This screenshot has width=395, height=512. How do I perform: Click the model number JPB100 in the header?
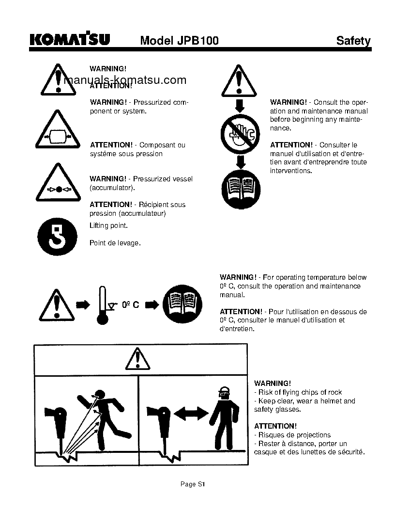tap(179, 41)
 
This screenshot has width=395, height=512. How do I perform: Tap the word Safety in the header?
tap(353, 41)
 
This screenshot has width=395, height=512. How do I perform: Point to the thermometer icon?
tap(102, 305)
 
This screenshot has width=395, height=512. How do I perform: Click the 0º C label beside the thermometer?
tap(130, 305)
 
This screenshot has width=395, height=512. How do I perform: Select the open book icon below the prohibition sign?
tap(241, 189)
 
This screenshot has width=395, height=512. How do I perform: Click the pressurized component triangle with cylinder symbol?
tap(57, 131)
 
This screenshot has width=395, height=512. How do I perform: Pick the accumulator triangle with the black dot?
tap(57, 185)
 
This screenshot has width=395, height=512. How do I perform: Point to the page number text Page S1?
tap(193, 484)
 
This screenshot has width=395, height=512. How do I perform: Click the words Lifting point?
tap(108, 226)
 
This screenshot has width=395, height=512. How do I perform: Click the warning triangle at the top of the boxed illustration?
tap(138, 360)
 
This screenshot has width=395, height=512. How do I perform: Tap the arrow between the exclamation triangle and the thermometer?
tap(83, 305)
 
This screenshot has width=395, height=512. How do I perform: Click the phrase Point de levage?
tap(115, 243)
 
